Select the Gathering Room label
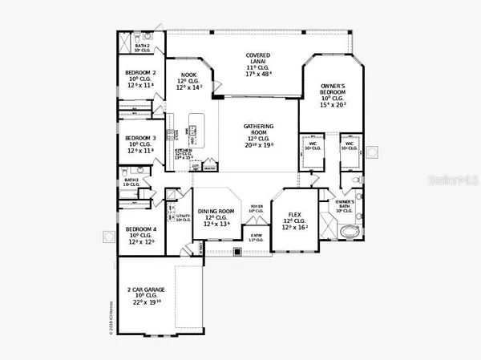click(259, 131)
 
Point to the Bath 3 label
click(131, 181)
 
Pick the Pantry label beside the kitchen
click(210, 169)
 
